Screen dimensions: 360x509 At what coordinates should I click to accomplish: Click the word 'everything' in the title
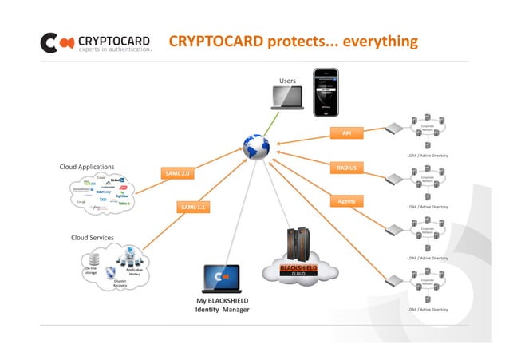pyautogui.click(x=381, y=41)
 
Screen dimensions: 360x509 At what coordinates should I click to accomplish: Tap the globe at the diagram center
pyautogui.click(x=257, y=147)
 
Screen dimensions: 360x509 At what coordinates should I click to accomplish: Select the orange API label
pyautogui.click(x=346, y=133)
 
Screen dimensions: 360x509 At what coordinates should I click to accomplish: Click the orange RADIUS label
pyautogui.click(x=346, y=168)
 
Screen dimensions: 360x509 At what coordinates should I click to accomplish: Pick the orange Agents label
pyautogui.click(x=346, y=200)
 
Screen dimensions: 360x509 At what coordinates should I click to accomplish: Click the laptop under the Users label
pyautogui.click(x=286, y=97)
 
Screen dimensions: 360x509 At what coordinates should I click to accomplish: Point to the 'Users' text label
pyautogui.click(x=287, y=81)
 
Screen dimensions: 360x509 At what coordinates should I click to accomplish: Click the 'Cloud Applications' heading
pyautogui.click(x=87, y=167)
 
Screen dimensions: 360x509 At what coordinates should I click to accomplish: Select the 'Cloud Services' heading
pyautogui.click(x=92, y=238)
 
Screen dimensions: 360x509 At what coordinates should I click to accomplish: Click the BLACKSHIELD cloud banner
pyautogui.click(x=298, y=270)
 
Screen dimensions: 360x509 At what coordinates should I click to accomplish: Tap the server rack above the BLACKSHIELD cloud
pyautogui.click(x=298, y=243)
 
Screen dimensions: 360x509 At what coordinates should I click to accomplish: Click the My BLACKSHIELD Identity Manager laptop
pyautogui.click(x=222, y=278)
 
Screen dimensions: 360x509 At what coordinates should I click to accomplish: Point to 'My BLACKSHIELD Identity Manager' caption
pyautogui.click(x=222, y=305)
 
